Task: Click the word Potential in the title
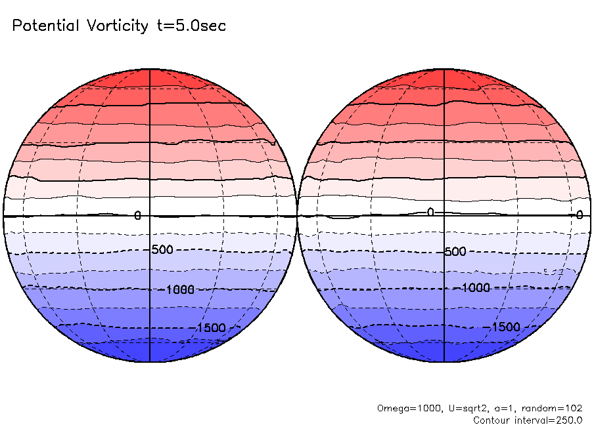point(45,26)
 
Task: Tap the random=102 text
point(549,408)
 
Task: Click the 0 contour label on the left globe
point(137,215)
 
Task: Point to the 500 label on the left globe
point(162,250)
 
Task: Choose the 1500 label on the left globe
point(211,328)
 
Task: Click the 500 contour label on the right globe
point(455,252)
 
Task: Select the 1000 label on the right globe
point(476,287)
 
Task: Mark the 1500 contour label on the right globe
point(506,327)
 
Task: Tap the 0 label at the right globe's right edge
point(580,214)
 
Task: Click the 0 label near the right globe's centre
point(430,212)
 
